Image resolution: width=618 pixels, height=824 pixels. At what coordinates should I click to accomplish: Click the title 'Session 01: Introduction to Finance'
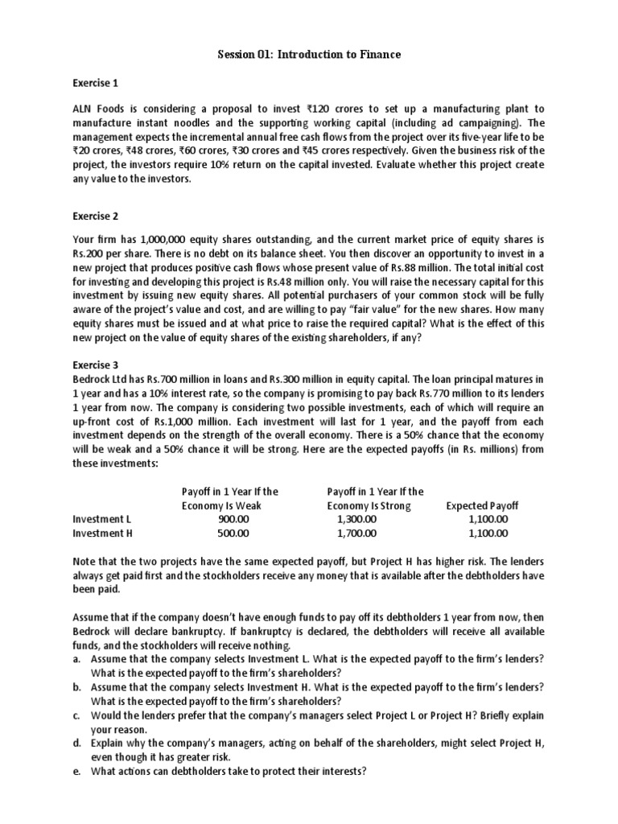[309, 54]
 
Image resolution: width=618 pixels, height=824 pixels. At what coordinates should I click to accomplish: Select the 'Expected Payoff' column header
[482, 505]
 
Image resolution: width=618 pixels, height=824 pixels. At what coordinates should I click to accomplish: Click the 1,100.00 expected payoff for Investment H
[488, 533]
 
